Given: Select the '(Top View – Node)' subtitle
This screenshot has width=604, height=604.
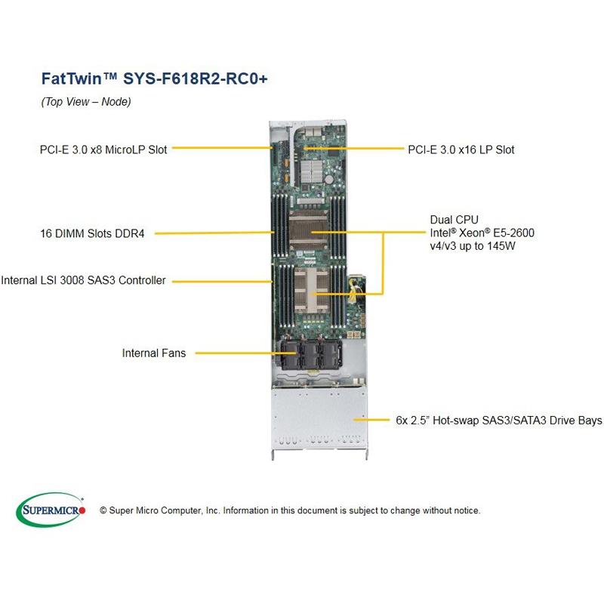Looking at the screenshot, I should click(85, 102).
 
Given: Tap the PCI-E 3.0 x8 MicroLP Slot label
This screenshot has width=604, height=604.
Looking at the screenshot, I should click(103, 149).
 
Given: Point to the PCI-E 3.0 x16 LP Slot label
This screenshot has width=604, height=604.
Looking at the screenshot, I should click(461, 149).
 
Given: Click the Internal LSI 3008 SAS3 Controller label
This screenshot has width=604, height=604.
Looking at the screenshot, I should click(83, 281).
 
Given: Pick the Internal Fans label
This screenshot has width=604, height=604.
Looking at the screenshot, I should click(153, 353).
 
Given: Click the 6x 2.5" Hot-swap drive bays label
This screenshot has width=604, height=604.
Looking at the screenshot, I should click(498, 418).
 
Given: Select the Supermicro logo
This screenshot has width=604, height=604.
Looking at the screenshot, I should click(51, 510).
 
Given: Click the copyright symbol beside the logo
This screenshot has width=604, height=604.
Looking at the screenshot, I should click(103, 511).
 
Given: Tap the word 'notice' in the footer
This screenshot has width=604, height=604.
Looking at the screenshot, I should click(464, 511).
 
